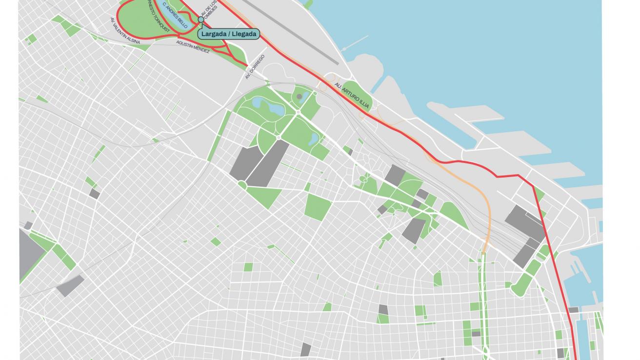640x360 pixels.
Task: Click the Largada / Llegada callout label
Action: click(x=228, y=34)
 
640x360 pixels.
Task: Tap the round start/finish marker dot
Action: click(x=200, y=20)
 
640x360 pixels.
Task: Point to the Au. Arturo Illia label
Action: click(x=352, y=95)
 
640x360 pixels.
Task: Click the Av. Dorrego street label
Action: click(x=255, y=67)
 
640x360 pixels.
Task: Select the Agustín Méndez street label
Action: click(x=193, y=46)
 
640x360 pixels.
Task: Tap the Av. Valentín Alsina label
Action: click(x=124, y=31)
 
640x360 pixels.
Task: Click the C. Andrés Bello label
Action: click(x=175, y=15)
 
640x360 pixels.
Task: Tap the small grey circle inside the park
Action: click(x=299, y=97)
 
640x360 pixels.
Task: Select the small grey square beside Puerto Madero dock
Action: click(x=573, y=310)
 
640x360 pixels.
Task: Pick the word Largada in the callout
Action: click(x=213, y=34)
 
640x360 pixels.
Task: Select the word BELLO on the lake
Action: click(x=181, y=21)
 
